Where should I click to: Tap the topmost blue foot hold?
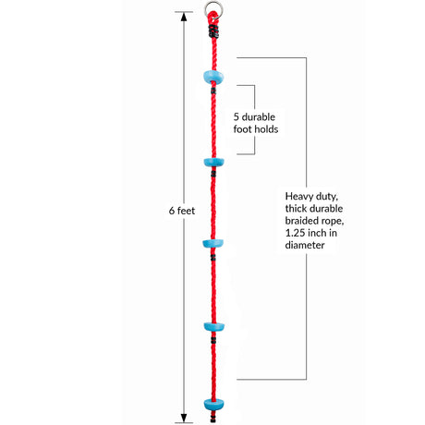(213, 77)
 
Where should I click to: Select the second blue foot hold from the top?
(213, 162)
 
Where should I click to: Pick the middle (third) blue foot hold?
(213, 244)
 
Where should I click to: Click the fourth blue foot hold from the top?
(213, 326)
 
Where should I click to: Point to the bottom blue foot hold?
(213, 405)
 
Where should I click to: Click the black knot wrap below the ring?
(213, 31)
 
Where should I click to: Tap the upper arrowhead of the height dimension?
(184, 17)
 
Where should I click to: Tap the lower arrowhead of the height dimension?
(184, 418)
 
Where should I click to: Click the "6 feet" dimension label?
(182, 211)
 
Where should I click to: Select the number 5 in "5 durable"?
(237, 117)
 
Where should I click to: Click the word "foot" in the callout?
(242, 129)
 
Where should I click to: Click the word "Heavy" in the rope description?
(298, 197)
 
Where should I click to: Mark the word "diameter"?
(305, 246)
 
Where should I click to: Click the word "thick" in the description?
(295, 209)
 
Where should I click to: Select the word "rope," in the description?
(333, 222)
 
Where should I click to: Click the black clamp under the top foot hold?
(213, 91)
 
